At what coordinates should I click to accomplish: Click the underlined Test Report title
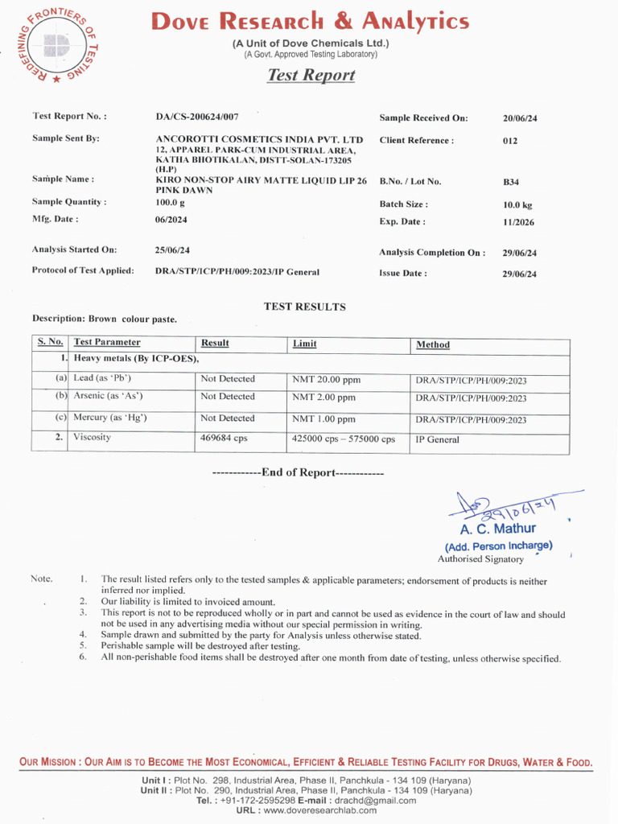click(311, 75)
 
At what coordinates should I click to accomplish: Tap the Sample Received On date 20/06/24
click(520, 118)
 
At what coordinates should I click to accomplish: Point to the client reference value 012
click(510, 141)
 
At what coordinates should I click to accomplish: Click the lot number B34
click(510, 183)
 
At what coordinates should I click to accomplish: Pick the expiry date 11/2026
click(518, 222)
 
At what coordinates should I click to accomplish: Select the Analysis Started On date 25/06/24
click(172, 250)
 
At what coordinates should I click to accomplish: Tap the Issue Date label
click(403, 274)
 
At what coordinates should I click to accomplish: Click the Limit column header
click(304, 344)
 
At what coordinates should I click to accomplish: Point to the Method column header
click(433, 344)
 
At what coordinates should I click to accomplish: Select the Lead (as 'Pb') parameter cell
click(102, 378)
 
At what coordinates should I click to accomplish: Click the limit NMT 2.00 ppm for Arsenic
click(323, 398)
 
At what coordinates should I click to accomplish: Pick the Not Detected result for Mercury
click(228, 418)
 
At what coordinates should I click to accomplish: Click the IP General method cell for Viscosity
click(437, 440)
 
